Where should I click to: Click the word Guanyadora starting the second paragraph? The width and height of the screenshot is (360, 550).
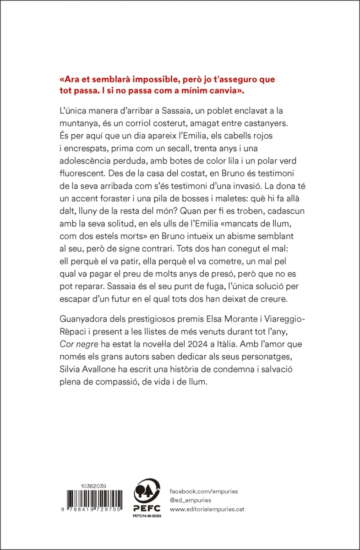click(x=84, y=318)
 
